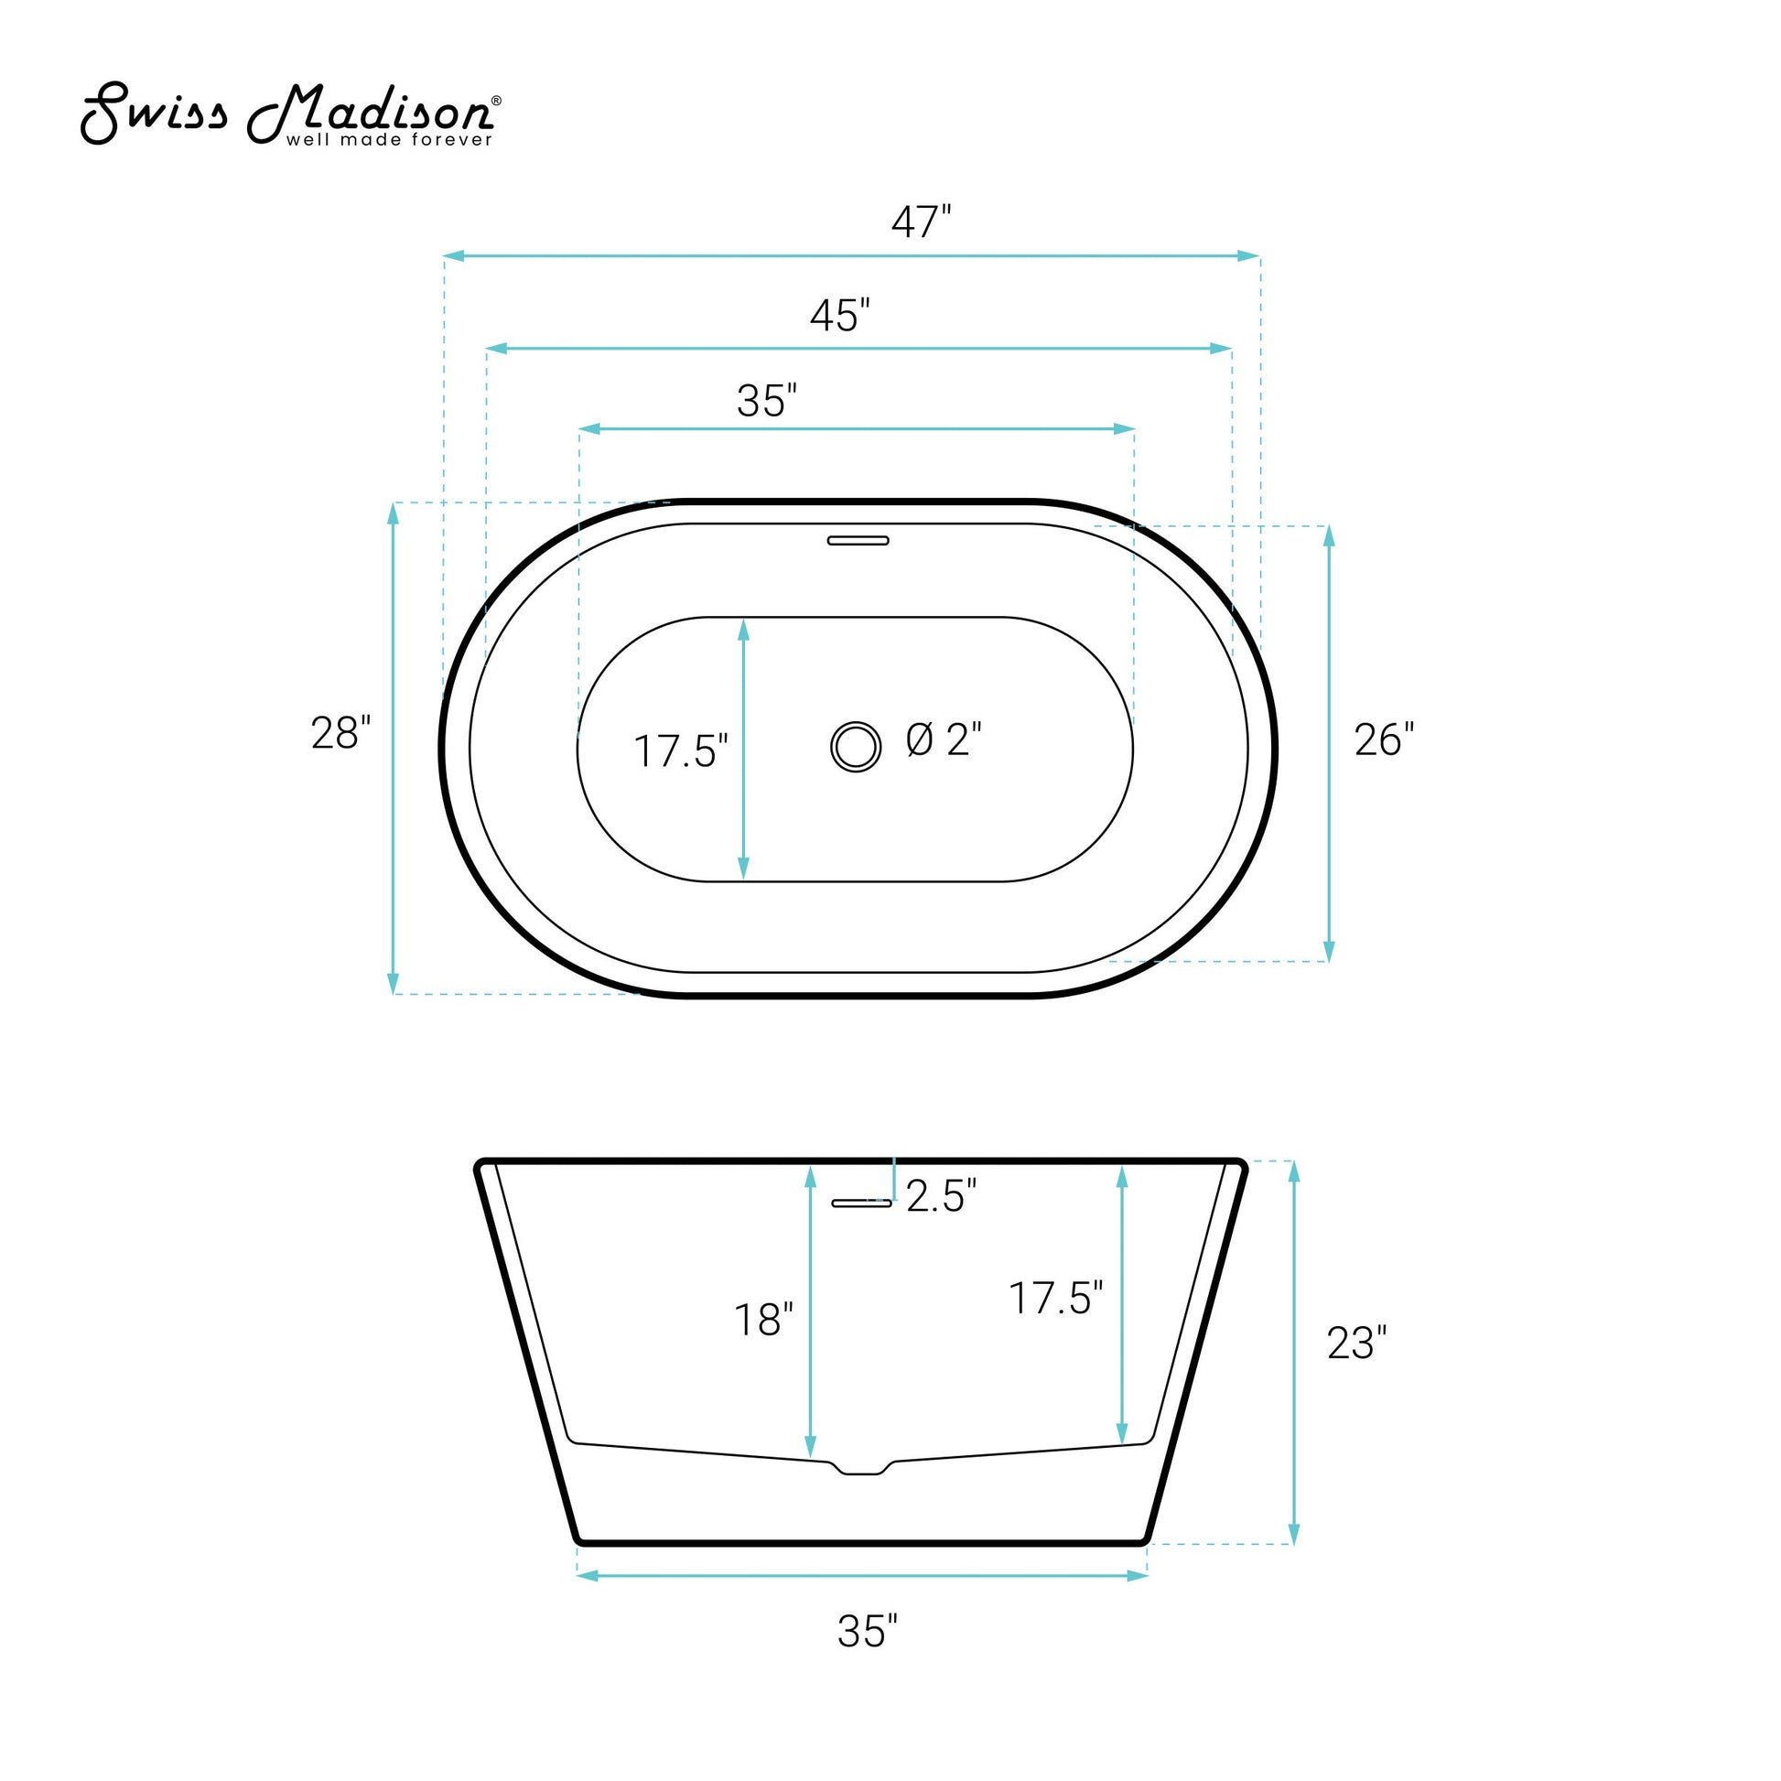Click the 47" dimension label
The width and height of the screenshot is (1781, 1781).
click(920, 222)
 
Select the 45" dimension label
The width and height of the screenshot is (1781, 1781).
click(839, 315)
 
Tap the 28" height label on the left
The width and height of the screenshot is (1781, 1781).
click(340, 734)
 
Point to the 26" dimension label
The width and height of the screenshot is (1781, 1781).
click(1384, 739)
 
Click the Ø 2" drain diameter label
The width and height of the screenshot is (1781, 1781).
click(944, 739)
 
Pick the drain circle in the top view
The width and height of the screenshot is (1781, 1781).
click(856, 747)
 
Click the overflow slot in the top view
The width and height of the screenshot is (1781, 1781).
click(858, 540)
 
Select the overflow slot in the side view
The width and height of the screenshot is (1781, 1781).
click(862, 1203)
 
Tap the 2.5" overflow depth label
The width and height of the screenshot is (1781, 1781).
click(941, 1195)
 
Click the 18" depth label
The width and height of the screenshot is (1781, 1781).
click(763, 1320)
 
